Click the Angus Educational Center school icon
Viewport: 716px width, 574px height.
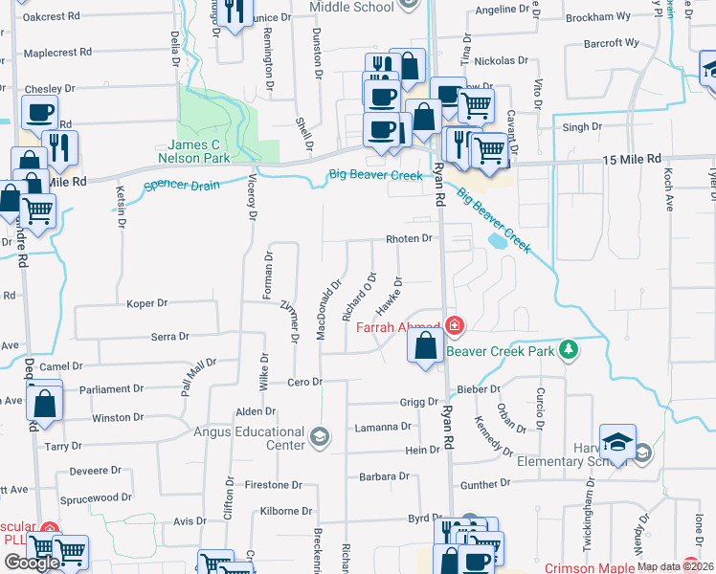(320, 439)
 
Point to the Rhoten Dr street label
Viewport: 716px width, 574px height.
(409, 238)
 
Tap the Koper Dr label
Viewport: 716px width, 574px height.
(147, 303)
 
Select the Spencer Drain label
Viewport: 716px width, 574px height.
(181, 184)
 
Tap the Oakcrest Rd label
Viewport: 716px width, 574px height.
(51, 16)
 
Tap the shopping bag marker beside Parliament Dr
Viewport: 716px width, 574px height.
(45, 402)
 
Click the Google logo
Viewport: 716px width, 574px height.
(32, 563)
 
